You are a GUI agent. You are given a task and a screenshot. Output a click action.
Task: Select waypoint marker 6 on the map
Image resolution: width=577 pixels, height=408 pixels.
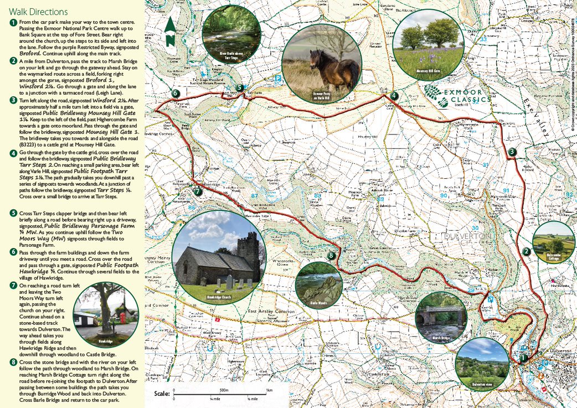(175, 94)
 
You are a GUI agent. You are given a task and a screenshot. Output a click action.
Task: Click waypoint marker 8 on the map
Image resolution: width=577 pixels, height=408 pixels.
(331, 255)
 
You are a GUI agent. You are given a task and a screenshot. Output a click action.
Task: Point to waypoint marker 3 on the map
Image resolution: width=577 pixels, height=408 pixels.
(512, 152)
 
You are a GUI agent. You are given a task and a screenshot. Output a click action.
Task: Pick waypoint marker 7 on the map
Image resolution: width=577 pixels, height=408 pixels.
(198, 192)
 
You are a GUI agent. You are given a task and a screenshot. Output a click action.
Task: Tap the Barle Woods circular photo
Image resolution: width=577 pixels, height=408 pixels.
(318, 286)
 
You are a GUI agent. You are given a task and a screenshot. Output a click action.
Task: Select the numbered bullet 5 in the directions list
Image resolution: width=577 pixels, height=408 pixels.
(13, 212)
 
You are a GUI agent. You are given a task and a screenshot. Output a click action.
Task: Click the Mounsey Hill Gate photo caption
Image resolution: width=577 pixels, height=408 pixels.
(427, 71)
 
